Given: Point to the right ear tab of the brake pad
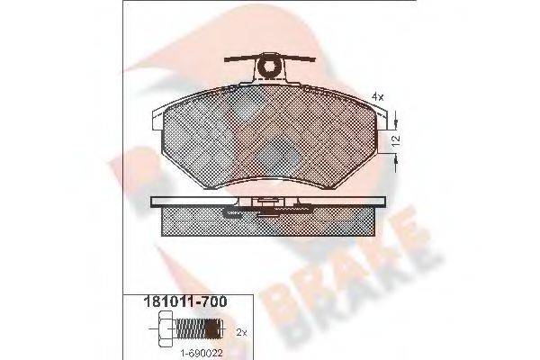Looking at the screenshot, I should [x=381, y=115].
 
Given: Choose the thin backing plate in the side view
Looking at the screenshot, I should [x=198, y=200].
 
